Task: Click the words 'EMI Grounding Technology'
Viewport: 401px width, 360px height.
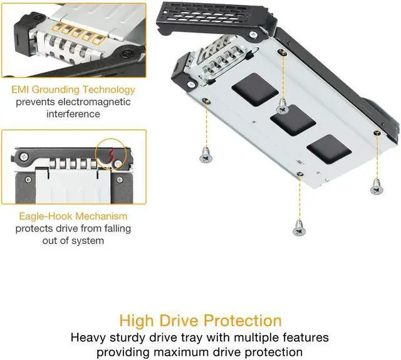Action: [x=73, y=90]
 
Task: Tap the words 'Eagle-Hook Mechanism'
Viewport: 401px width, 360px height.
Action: [x=73, y=216]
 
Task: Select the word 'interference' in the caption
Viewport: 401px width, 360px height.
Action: [x=73, y=114]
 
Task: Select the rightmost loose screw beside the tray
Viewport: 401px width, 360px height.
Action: [x=375, y=186]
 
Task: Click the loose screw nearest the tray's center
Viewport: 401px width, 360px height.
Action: [x=283, y=108]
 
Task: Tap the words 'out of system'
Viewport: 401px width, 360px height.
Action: [x=73, y=240]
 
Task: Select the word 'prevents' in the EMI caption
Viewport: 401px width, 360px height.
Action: [x=36, y=102]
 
